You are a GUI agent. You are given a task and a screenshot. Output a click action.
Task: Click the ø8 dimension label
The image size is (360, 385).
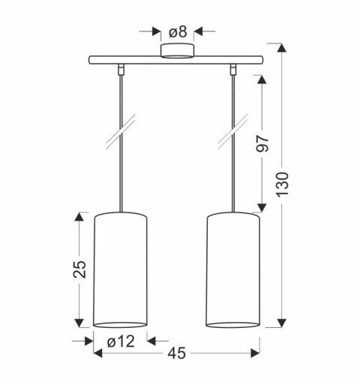178,32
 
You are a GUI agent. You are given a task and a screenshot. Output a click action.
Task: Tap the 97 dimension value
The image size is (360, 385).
262,145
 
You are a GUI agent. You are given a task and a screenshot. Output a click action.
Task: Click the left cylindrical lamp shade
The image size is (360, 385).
120,270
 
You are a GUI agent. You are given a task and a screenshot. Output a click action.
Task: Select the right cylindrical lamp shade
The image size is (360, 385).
233,270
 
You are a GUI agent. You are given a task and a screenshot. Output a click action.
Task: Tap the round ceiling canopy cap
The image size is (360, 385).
177,51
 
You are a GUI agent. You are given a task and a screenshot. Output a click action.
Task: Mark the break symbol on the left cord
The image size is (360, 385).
120,133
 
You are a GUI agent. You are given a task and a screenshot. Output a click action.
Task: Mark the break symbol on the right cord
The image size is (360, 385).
233,133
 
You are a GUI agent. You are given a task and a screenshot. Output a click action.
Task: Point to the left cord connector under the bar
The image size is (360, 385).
120,71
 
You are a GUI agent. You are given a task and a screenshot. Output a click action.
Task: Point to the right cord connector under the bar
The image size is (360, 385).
233,71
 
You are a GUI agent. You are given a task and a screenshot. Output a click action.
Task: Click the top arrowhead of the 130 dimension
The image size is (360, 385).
282,48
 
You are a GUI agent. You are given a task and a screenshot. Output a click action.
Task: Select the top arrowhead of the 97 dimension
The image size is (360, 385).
262,80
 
